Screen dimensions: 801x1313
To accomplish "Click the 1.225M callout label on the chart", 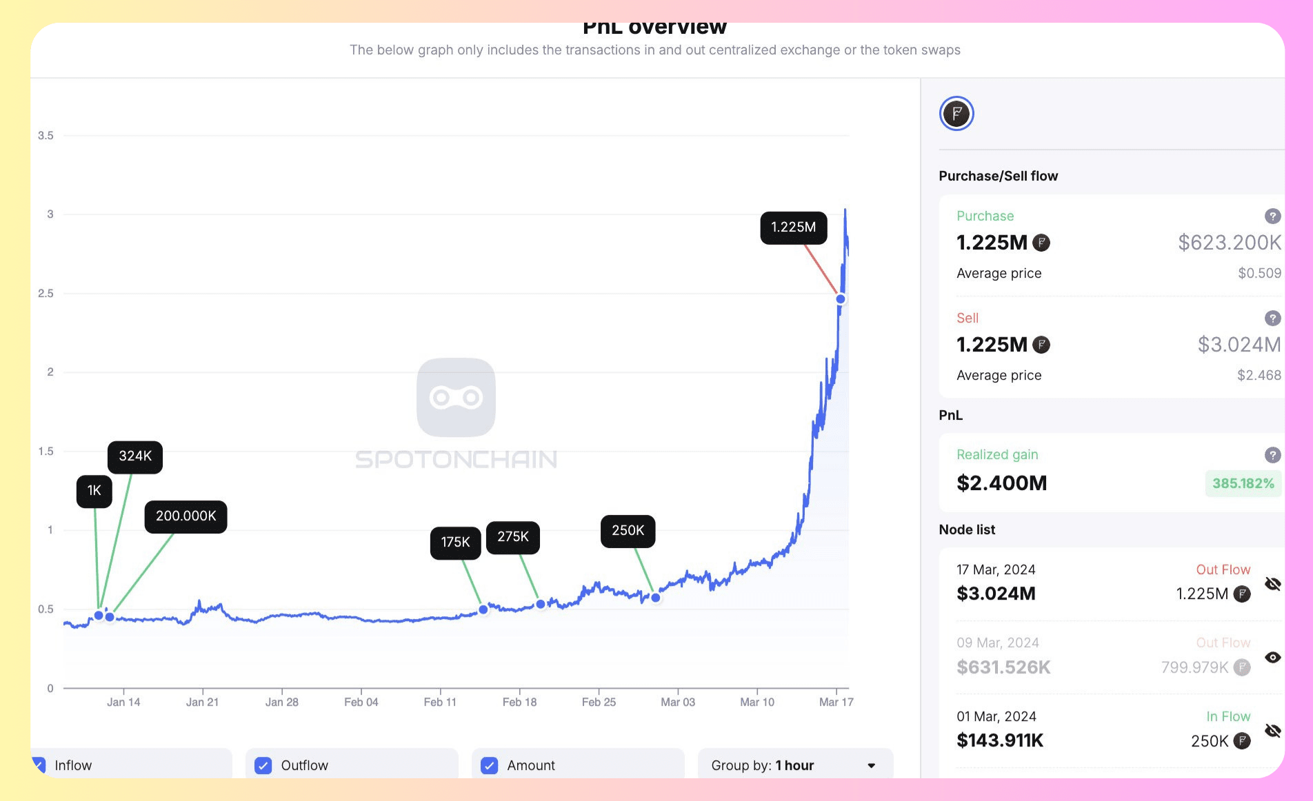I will [x=793, y=227].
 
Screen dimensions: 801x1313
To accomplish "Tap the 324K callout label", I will [x=135, y=456].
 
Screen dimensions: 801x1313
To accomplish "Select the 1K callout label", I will [x=94, y=491].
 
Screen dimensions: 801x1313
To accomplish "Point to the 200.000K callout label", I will [x=186, y=516].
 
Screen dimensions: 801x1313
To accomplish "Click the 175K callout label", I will [x=455, y=543].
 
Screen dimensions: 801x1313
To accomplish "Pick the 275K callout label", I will [x=513, y=537].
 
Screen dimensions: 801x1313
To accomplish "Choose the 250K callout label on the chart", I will [x=628, y=531].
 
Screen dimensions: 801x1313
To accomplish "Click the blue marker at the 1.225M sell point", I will [x=841, y=299].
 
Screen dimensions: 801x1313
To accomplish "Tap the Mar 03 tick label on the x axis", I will [x=678, y=702].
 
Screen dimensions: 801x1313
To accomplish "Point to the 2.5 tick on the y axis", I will [x=46, y=294].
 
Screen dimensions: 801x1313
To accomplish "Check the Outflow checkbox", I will [x=263, y=766].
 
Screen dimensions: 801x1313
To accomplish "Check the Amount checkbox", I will [x=489, y=766].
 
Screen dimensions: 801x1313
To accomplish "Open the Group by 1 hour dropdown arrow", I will [x=872, y=766].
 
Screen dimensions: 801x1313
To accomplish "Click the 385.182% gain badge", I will [x=1243, y=484].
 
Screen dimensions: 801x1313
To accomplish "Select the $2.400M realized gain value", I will [x=1001, y=483].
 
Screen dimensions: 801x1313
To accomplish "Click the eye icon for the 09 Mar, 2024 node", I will [x=1273, y=658].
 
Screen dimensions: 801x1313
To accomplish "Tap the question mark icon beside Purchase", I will [x=1272, y=216].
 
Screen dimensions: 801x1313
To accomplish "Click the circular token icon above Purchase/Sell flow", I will [x=956, y=114].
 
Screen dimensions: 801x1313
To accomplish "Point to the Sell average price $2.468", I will [x=1259, y=376].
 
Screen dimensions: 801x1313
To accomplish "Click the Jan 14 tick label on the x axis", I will [x=123, y=702].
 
